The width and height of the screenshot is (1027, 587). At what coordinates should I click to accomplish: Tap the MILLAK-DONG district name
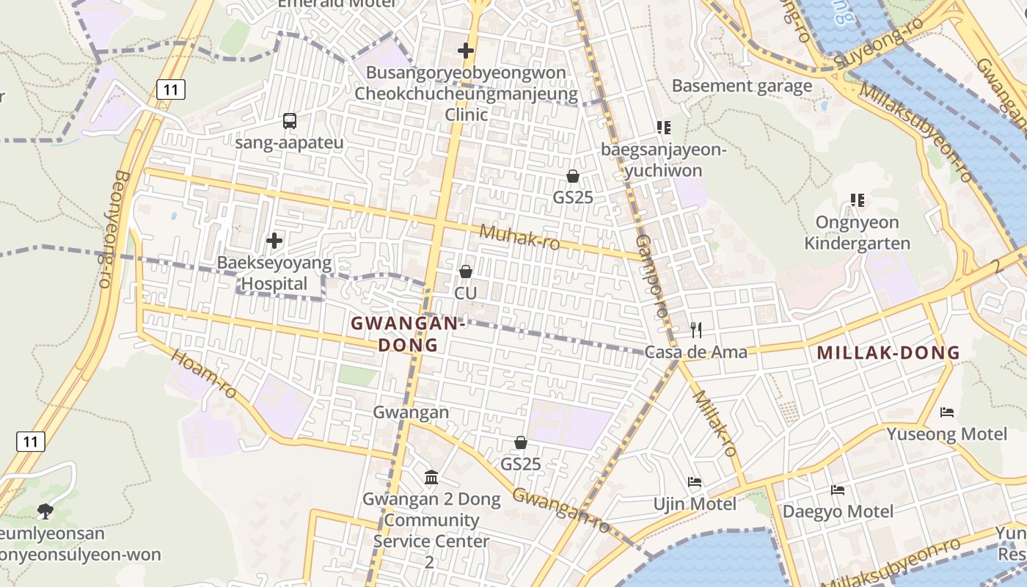tap(888, 352)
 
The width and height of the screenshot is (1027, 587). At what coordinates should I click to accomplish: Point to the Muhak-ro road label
tap(519, 237)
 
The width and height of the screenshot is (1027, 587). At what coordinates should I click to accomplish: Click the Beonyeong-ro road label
tap(113, 229)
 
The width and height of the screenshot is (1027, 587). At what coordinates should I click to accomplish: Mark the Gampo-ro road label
tap(651, 276)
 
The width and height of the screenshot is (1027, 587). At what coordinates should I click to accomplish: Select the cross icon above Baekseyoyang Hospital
tap(274, 240)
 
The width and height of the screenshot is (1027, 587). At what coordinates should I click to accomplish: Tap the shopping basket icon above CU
tap(465, 271)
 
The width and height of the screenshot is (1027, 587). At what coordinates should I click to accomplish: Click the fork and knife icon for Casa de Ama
tap(696, 330)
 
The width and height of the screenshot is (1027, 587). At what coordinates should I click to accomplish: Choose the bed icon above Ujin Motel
tap(695, 482)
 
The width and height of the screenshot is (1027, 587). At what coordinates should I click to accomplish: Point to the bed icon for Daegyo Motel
tap(838, 489)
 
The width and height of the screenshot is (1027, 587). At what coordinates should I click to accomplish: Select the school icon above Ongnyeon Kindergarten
tap(857, 200)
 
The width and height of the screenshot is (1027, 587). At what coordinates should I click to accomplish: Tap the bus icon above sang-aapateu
tap(289, 121)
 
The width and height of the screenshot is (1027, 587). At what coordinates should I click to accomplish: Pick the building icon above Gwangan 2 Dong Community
tap(431, 478)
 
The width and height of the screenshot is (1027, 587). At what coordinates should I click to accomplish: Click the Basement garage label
tap(742, 86)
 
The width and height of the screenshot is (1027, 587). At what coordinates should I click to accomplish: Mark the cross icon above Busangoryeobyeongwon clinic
tap(465, 51)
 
